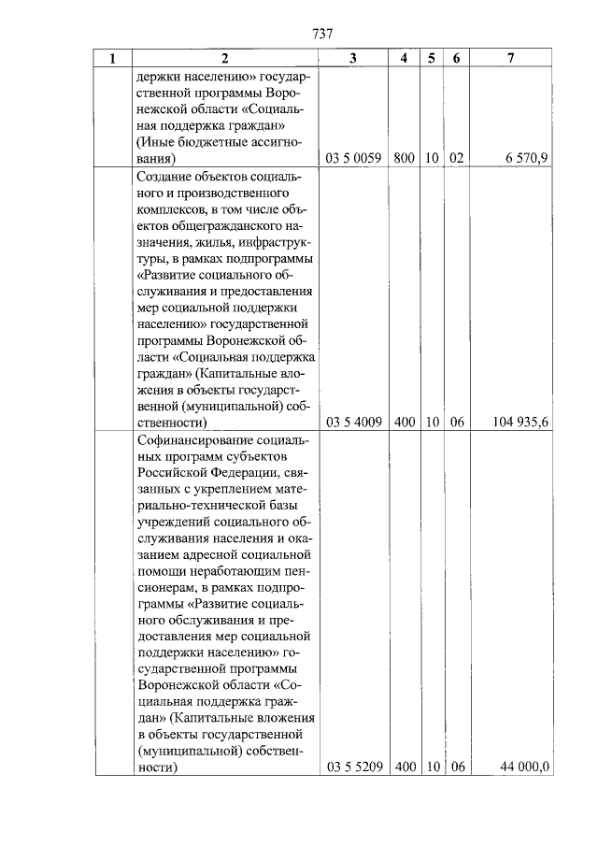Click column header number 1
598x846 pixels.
[x=113, y=59]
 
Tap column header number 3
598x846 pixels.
[x=352, y=59]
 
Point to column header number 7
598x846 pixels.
[x=509, y=59]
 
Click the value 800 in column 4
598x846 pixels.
[x=404, y=159]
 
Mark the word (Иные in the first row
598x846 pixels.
[x=154, y=142]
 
